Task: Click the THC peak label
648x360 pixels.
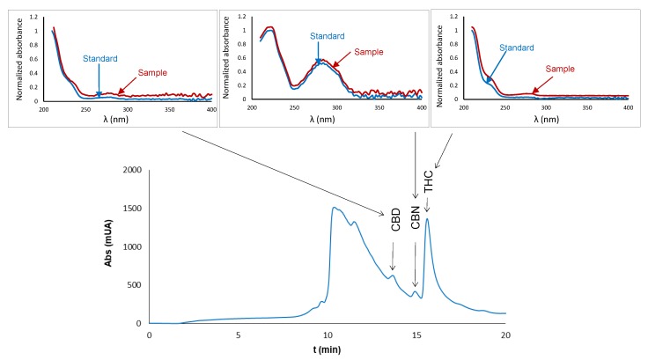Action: coord(428,182)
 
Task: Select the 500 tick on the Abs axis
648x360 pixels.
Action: coord(133,285)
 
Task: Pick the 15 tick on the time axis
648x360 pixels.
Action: coord(416,335)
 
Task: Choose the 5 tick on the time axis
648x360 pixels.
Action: coord(239,335)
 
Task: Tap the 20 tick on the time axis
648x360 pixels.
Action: coord(505,335)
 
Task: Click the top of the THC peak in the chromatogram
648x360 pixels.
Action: coord(427,218)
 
